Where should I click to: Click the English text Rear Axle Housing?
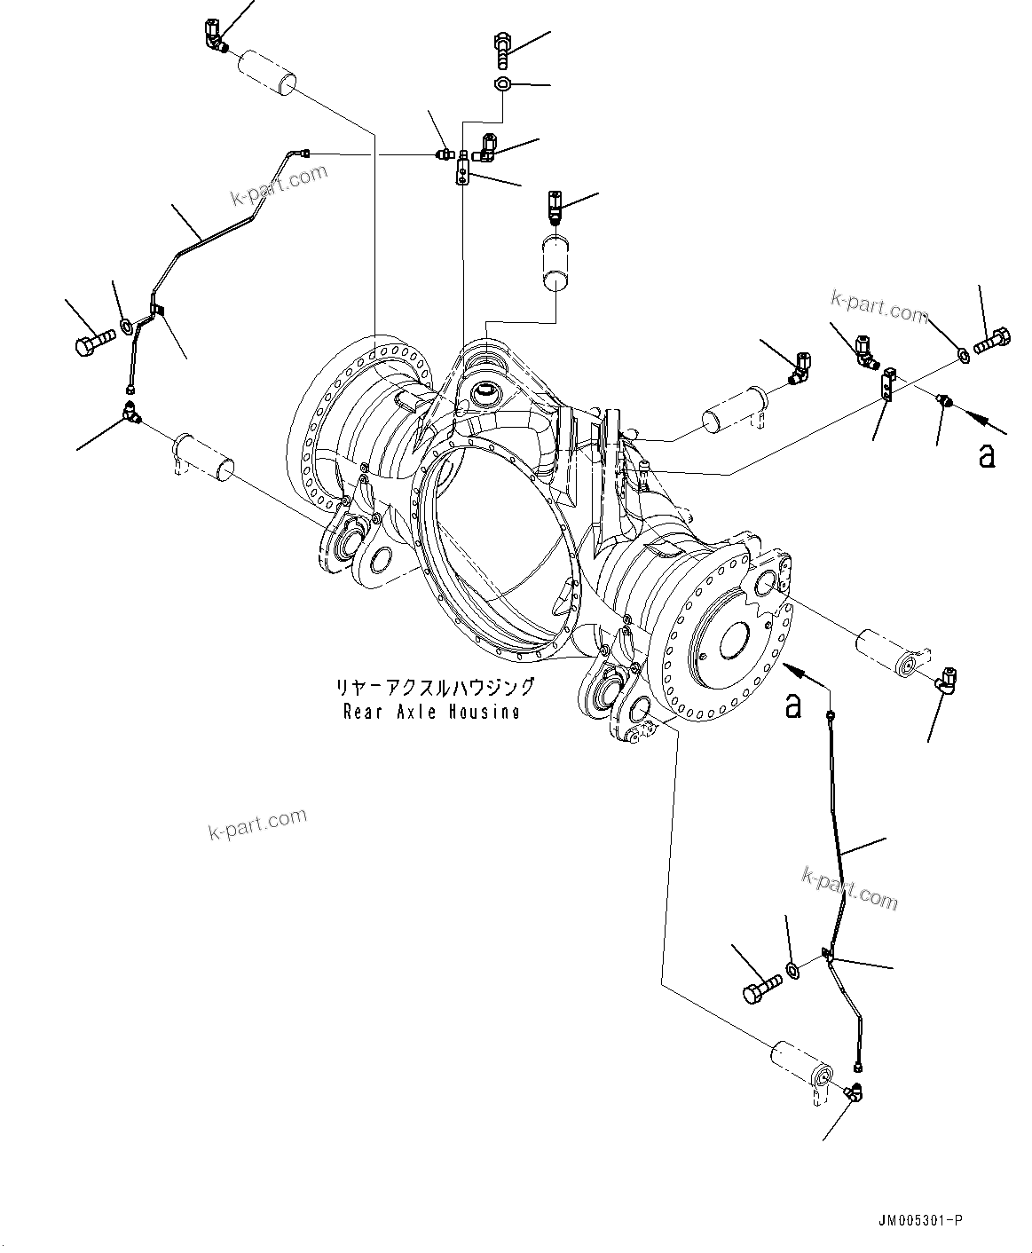[x=431, y=712]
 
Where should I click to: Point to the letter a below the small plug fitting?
[x=986, y=456]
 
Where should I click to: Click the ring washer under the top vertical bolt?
[x=502, y=85]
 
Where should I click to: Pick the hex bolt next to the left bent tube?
[x=93, y=341]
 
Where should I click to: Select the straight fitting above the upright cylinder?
[x=555, y=207]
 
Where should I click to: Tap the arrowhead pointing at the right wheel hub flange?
[x=786, y=666]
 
